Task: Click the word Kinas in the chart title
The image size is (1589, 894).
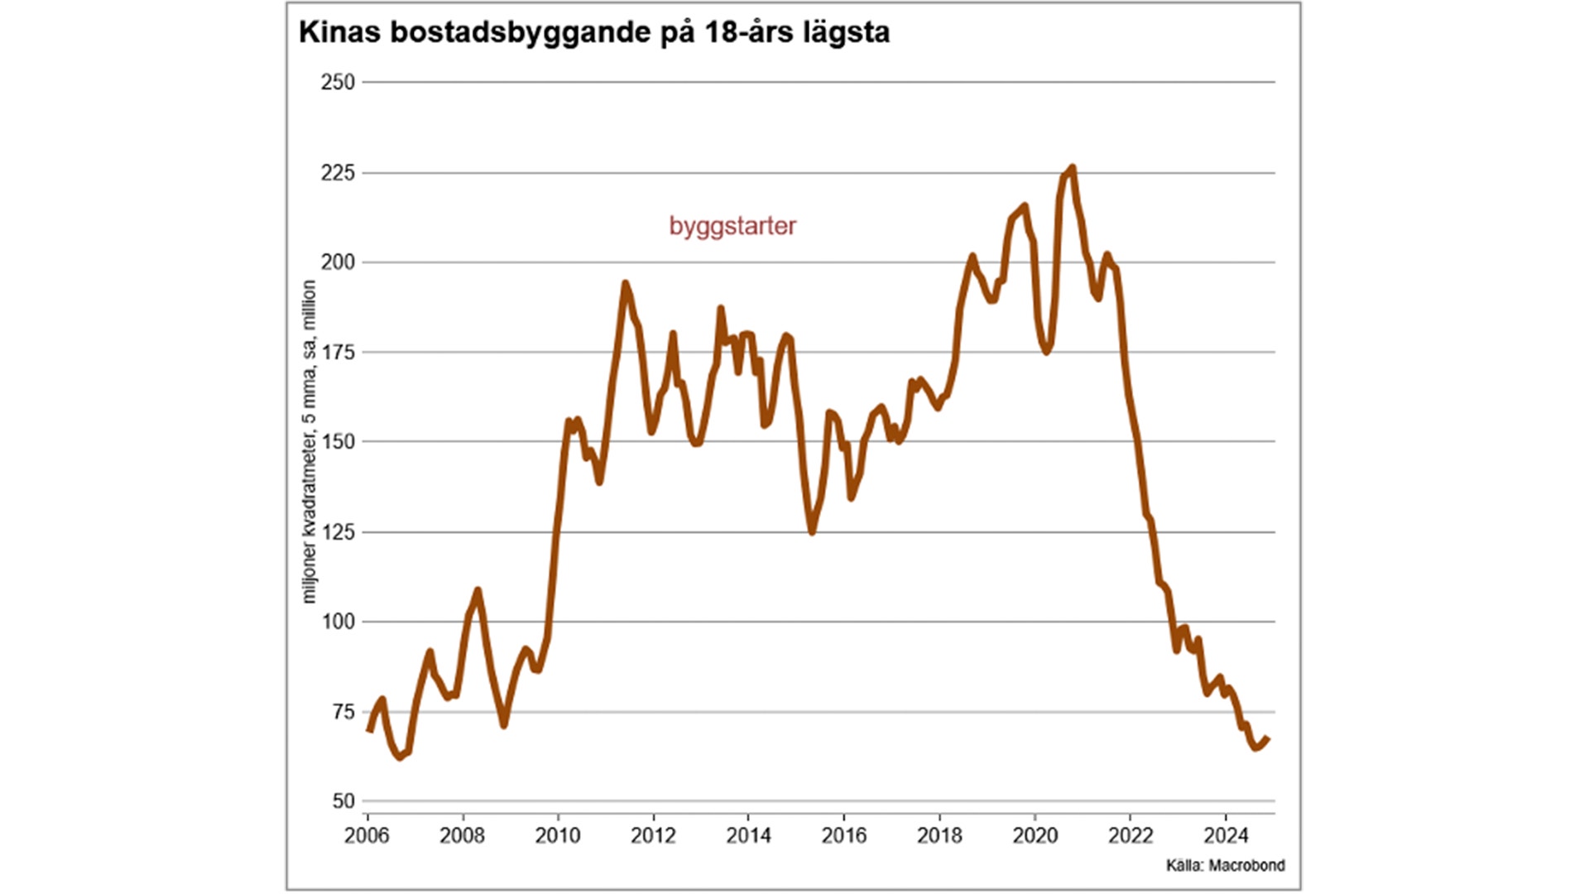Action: [x=338, y=32]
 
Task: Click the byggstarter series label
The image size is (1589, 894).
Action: [x=732, y=226]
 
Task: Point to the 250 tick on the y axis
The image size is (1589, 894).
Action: [x=338, y=82]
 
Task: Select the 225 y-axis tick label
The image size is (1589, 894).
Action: [x=338, y=173]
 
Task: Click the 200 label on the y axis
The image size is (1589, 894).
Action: [x=338, y=262]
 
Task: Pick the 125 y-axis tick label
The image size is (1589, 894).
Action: [x=338, y=532]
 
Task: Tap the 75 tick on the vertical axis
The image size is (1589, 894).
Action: [x=343, y=712]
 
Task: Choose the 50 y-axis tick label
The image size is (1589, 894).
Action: [x=343, y=801]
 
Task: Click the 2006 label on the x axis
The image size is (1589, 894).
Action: [x=367, y=836]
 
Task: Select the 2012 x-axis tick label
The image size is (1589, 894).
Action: [x=653, y=836]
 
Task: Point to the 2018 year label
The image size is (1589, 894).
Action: [x=939, y=836]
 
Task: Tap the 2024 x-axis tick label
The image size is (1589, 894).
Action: [x=1226, y=836]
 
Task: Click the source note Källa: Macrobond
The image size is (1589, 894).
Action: [x=1225, y=866]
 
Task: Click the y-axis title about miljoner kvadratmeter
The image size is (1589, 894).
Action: [x=309, y=441]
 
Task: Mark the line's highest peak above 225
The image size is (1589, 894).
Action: [x=1073, y=168]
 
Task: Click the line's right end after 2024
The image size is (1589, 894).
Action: [x=1268, y=739]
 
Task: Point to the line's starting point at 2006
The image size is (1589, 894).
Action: [x=368, y=729]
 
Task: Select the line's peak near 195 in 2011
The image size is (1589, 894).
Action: [x=625, y=284]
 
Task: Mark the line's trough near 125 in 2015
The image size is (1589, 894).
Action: [x=812, y=531]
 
